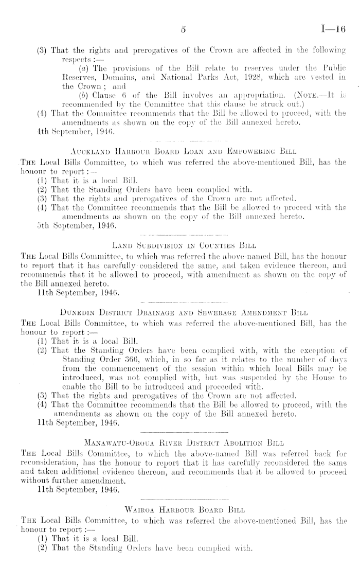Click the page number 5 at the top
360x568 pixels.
click(x=183, y=30)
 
